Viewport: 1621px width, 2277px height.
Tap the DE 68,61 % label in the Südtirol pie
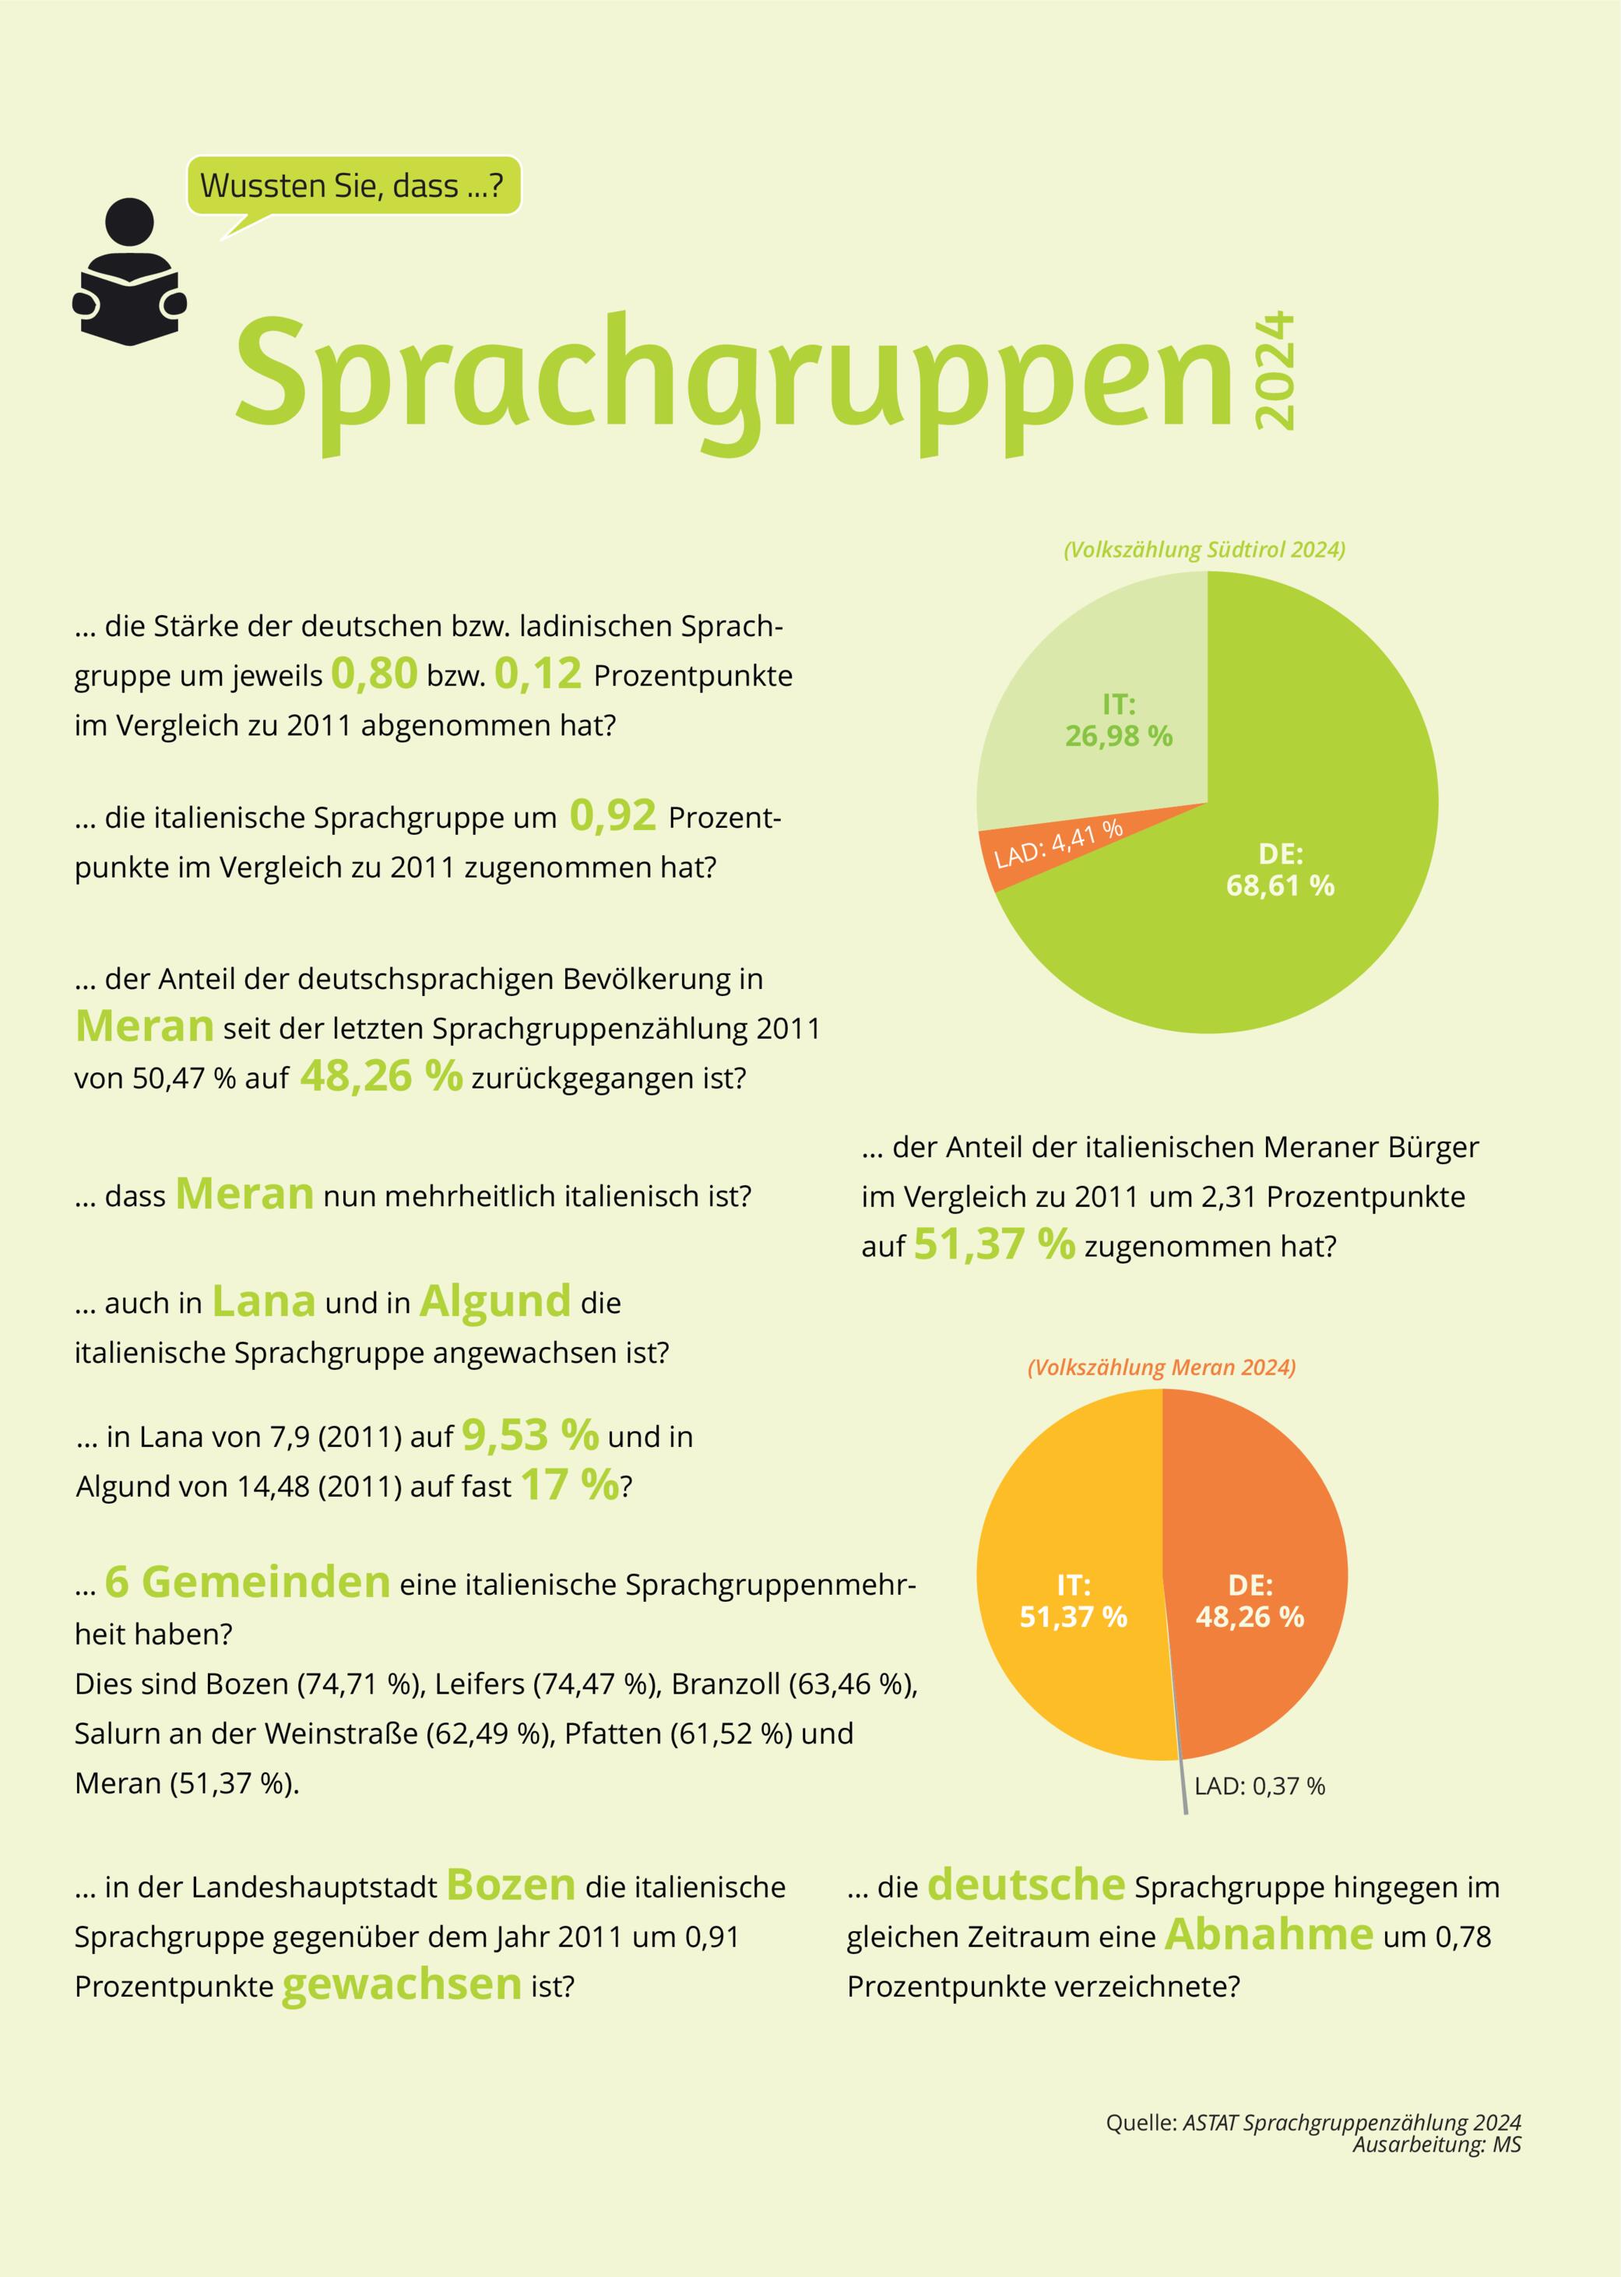[1280, 870]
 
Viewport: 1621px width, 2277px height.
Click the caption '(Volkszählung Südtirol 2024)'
[1204, 549]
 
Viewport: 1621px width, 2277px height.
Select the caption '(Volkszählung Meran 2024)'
[1161, 1367]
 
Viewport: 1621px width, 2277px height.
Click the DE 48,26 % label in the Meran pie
[1250, 1600]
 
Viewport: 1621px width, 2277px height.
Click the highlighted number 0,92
[613, 815]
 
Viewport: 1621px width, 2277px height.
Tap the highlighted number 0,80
[374, 674]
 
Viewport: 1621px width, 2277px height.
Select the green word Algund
[495, 1302]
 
